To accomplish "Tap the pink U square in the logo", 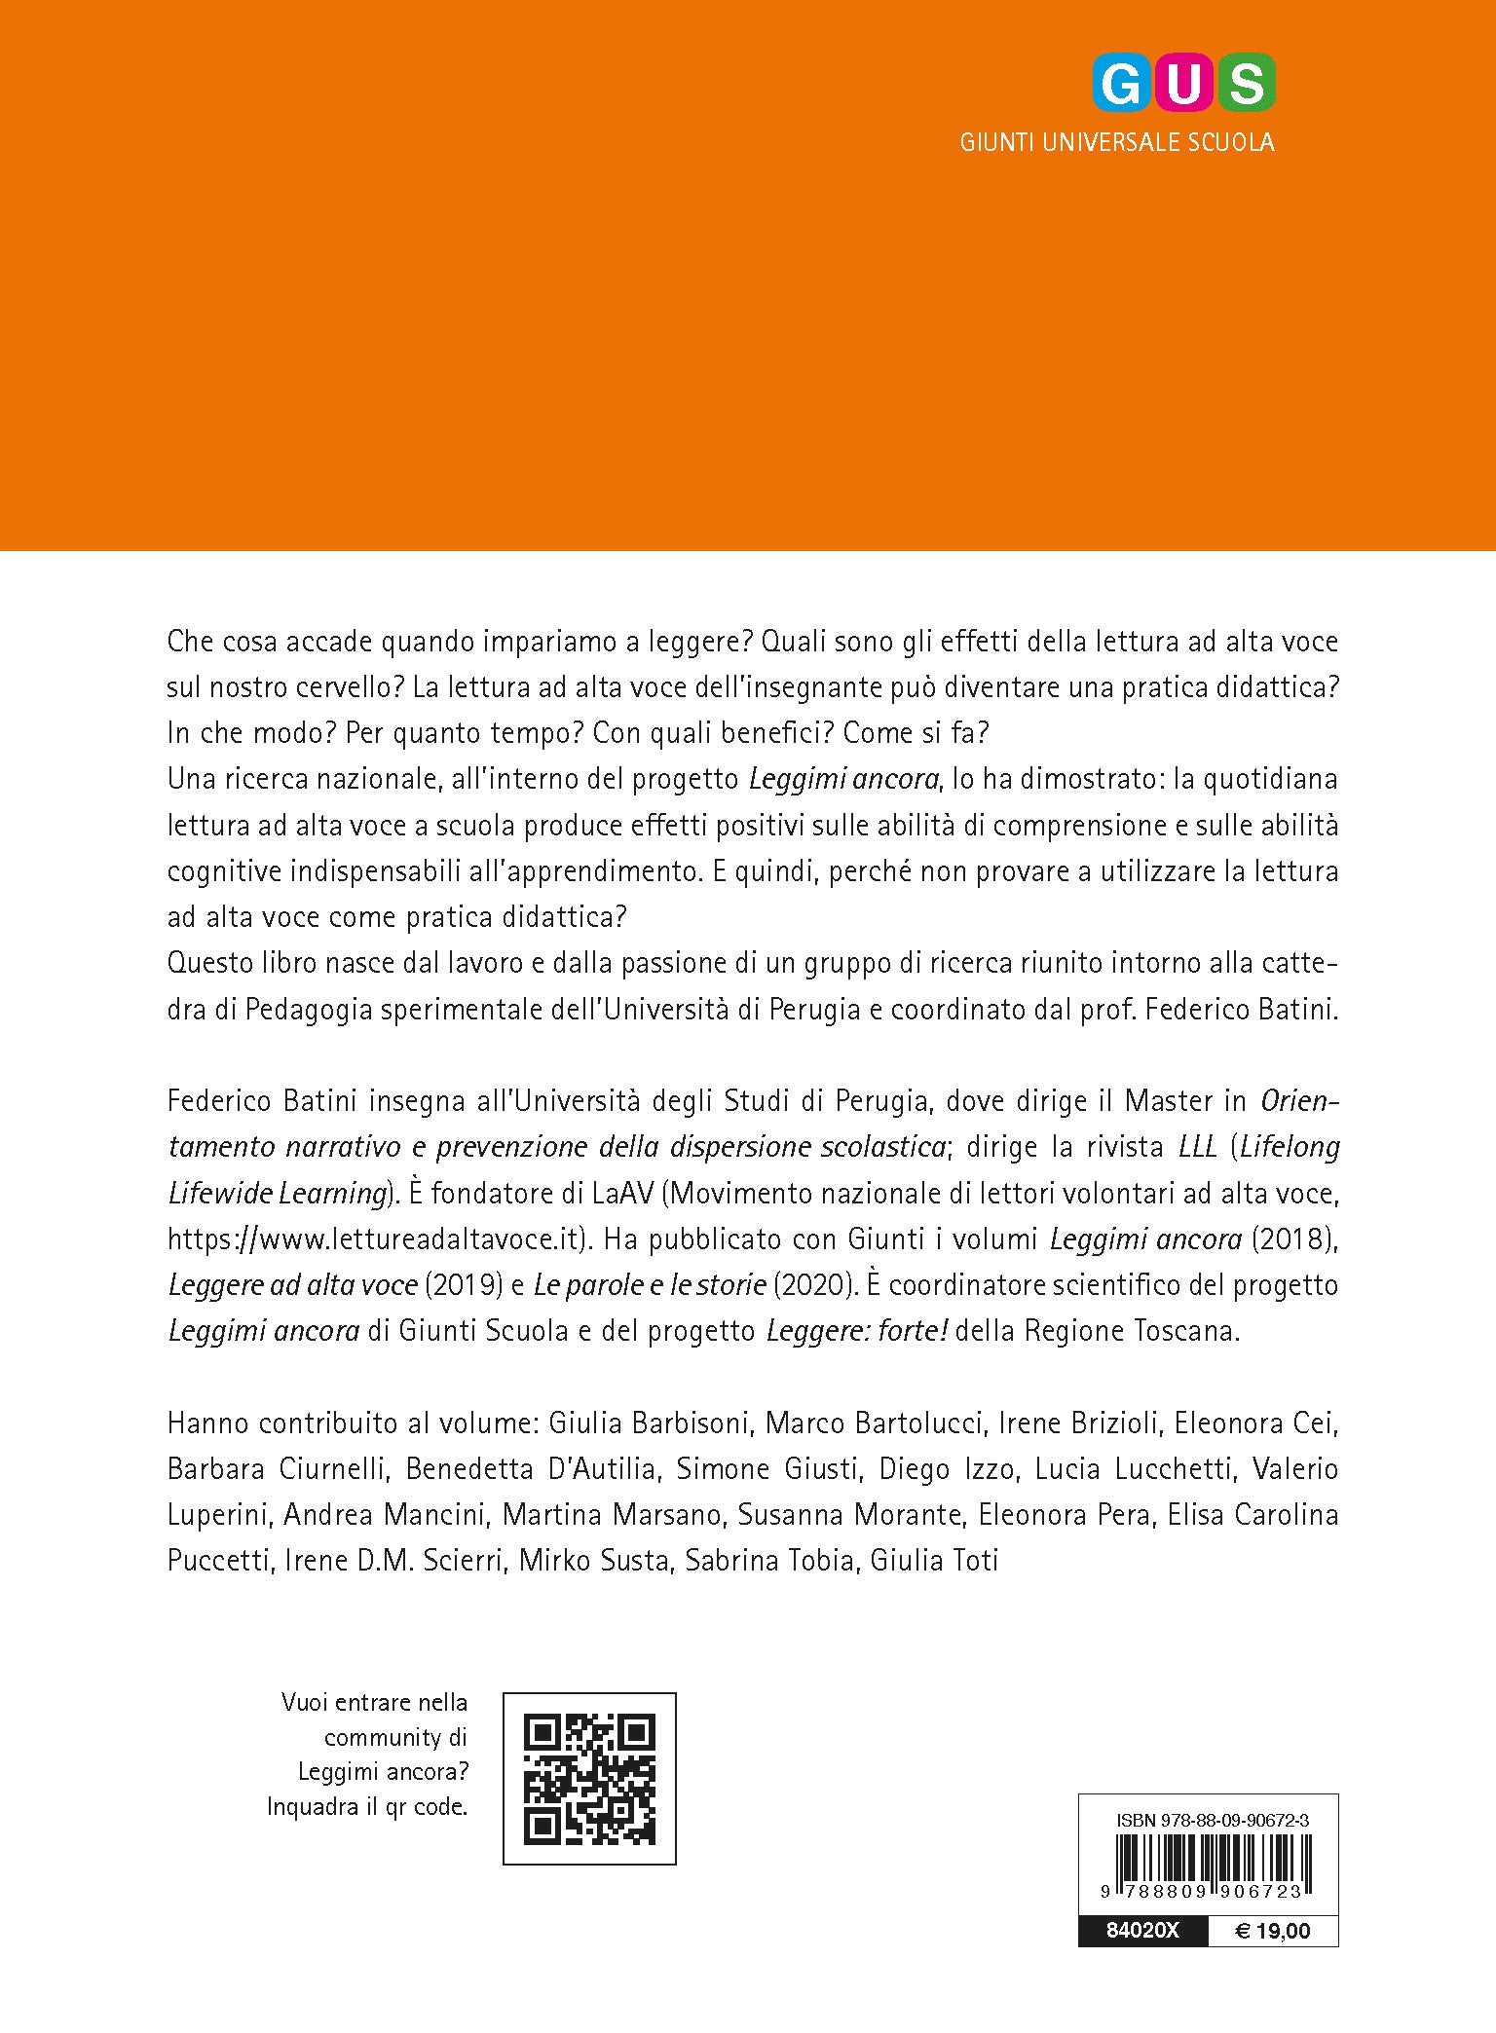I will pyautogui.click(x=1183, y=84).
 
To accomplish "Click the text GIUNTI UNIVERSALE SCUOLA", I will pyautogui.click(x=1116, y=142).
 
